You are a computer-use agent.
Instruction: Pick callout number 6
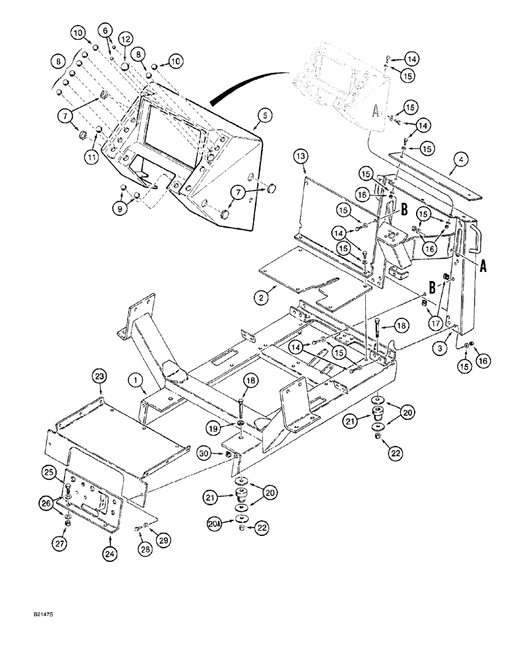(x=103, y=29)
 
